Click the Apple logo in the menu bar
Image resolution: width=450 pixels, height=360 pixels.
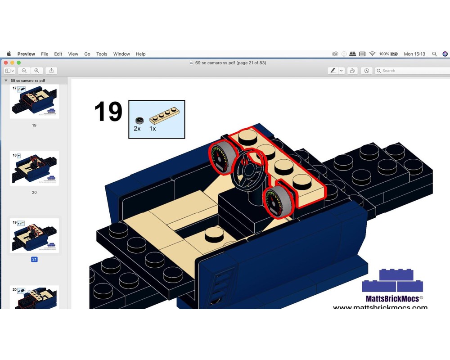click(x=9, y=54)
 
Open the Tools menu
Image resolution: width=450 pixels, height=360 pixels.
click(x=102, y=54)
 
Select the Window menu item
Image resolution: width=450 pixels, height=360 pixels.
click(x=121, y=54)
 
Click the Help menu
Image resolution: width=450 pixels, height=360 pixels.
click(x=140, y=54)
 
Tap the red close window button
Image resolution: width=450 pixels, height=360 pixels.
click(x=6, y=63)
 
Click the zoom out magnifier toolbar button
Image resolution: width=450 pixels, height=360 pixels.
click(x=24, y=71)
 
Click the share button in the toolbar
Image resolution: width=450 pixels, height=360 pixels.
click(x=51, y=71)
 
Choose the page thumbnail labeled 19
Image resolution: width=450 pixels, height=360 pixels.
click(x=34, y=102)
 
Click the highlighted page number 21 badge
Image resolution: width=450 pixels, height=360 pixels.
click(x=34, y=259)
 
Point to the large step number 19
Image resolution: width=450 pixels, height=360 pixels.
click(x=108, y=112)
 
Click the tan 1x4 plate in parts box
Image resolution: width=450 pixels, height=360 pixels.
click(x=162, y=117)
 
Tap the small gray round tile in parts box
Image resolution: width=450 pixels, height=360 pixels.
click(x=139, y=120)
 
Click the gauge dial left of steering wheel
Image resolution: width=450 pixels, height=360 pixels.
click(x=221, y=158)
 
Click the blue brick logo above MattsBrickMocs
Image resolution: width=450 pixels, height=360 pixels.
click(x=392, y=281)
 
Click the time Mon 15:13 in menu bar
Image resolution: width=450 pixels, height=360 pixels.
click(x=414, y=54)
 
